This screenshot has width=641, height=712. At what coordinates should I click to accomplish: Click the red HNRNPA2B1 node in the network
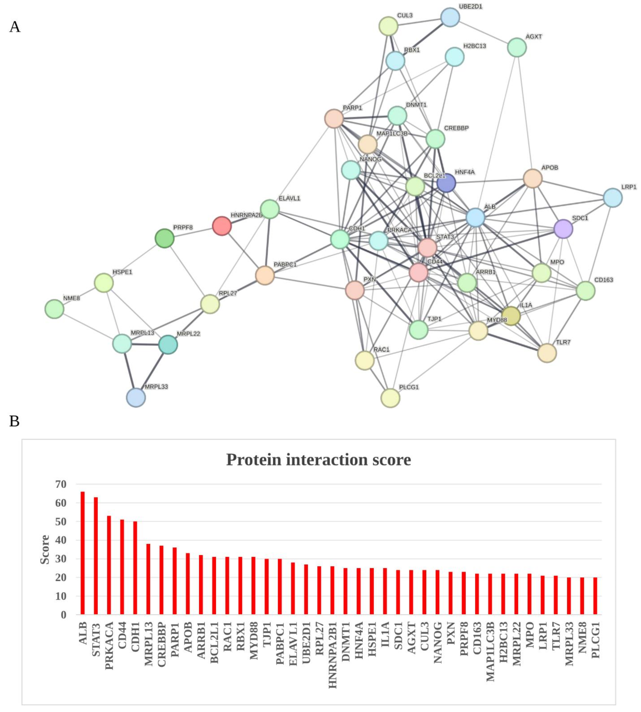click(222, 226)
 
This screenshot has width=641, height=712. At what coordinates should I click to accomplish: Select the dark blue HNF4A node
click(446, 183)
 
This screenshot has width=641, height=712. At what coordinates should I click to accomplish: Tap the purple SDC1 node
click(563, 229)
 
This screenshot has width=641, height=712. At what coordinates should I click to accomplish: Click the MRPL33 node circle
click(136, 398)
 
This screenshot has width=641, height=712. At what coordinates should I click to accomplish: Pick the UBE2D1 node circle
click(450, 17)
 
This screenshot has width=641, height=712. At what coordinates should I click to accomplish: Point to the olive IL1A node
click(511, 316)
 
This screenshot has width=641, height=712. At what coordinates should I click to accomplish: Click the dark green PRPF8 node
click(164, 239)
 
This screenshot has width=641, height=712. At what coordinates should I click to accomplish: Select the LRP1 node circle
click(613, 198)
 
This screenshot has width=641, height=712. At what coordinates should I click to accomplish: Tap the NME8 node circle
click(54, 309)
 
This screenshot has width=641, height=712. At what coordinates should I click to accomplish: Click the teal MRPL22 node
click(168, 345)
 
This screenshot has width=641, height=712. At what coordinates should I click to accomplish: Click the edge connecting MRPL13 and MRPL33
click(129, 370)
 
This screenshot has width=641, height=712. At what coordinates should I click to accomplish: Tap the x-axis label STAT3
click(96, 640)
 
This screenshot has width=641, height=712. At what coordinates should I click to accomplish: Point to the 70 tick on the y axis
click(61, 484)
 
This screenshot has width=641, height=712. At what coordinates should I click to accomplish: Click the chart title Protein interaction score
click(318, 460)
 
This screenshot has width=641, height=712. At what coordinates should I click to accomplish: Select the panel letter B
click(14, 421)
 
